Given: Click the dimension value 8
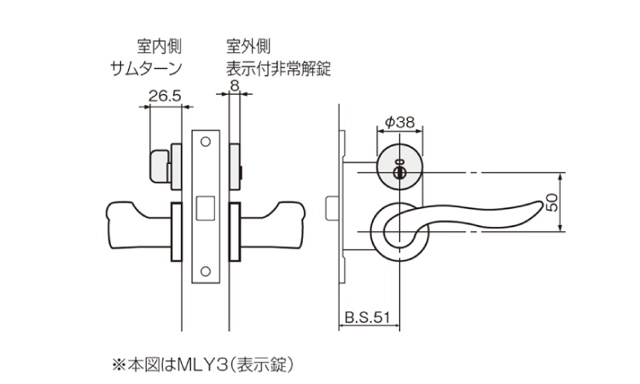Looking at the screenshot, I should tap(235, 84).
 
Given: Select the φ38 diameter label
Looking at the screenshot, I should tap(399, 122).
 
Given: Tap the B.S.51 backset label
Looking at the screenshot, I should tap(368, 317).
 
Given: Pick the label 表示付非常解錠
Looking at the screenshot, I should tap(278, 68).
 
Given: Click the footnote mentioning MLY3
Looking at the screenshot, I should tap(204, 364).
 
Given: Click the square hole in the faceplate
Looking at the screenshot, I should tap(205, 206).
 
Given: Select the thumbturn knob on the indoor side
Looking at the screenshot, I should tap(160, 168).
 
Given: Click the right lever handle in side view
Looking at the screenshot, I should tap(273, 220).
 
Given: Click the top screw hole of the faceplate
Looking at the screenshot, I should tap(205, 141).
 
